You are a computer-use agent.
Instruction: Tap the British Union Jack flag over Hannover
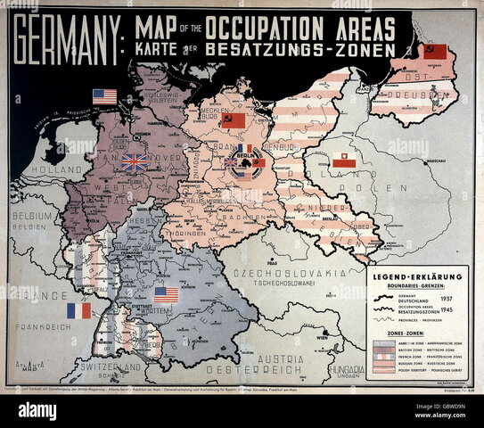click(x=135, y=161)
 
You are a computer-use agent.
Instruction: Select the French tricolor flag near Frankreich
click(x=78, y=310)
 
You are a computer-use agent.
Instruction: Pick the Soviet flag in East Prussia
click(x=434, y=52)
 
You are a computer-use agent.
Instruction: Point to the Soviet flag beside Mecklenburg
click(x=233, y=119)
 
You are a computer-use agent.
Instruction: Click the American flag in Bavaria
click(x=166, y=294)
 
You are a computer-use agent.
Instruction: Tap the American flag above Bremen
click(x=104, y=96)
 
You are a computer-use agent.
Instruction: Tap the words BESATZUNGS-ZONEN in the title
click(x=299, y=51)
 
